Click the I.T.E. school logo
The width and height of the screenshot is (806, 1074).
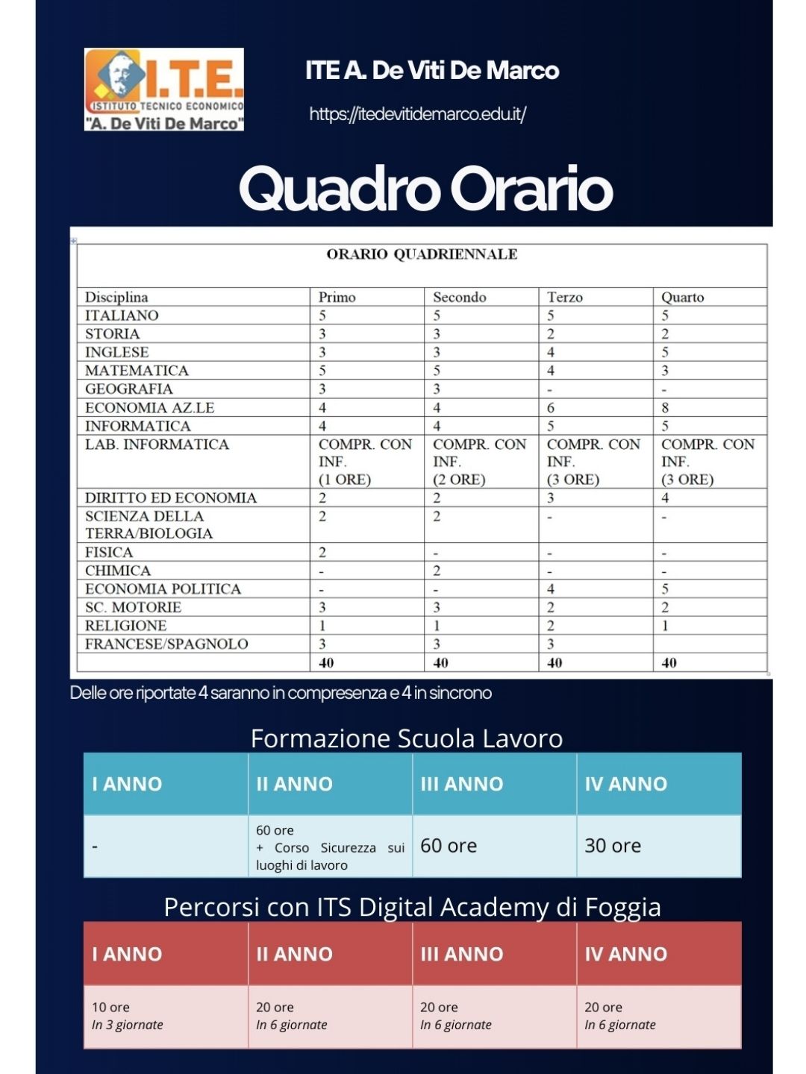(x=164, y=89)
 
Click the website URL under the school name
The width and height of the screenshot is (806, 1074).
(x=417, y=114)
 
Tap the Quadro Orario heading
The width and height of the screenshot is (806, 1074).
(x=425, y=189)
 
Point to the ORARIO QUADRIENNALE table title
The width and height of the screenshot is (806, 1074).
(x=422, y=254)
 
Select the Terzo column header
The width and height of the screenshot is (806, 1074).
(x=564, y=297)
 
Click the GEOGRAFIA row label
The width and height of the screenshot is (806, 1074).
(x=128, y=389)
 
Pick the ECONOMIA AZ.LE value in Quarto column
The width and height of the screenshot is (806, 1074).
(x=665, y=407)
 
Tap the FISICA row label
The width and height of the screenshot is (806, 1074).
(x=109, y=552)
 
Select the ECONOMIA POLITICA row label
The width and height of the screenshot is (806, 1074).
(x=163, y=588)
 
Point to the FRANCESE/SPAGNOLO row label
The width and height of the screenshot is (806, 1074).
(x=166, y=644)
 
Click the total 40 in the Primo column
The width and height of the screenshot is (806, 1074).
(x=326, y=662)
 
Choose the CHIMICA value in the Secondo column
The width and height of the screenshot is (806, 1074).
(x=437, y=571)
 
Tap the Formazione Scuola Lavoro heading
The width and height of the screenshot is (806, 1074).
(x=407, y=738)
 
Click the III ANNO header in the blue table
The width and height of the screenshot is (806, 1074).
(x=462, y=784)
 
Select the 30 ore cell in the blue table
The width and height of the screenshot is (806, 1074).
(x=613, y=846)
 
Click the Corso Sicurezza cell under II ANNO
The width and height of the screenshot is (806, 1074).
(x=330, y=848)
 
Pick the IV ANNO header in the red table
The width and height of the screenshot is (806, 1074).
(x=625, y=954)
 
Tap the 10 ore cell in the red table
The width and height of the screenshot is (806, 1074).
(x=110, y=1007)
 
